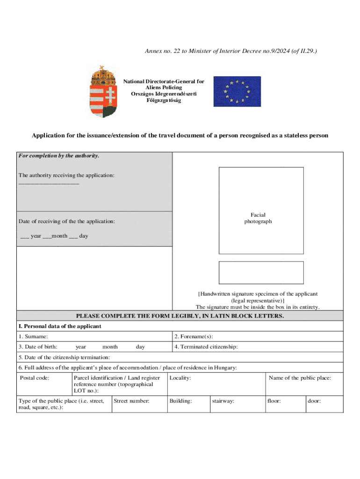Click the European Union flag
tap(237, 91)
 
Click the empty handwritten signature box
tap(261, 273)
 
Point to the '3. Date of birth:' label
tap(38, 347)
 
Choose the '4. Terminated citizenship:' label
tap(206, 347)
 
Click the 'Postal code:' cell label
tap(35, 378)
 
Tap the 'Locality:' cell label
tap(180, 378)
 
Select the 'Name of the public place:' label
tap(300, 378)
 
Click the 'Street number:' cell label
tap(131, 401)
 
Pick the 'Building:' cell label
tap(181, 401)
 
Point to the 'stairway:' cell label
tap(223, 401)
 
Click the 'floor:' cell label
tap(274, 401)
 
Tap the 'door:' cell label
tap(314, 401)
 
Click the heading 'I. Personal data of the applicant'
tap(60, 326)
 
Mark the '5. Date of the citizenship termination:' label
tap(65, 357)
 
